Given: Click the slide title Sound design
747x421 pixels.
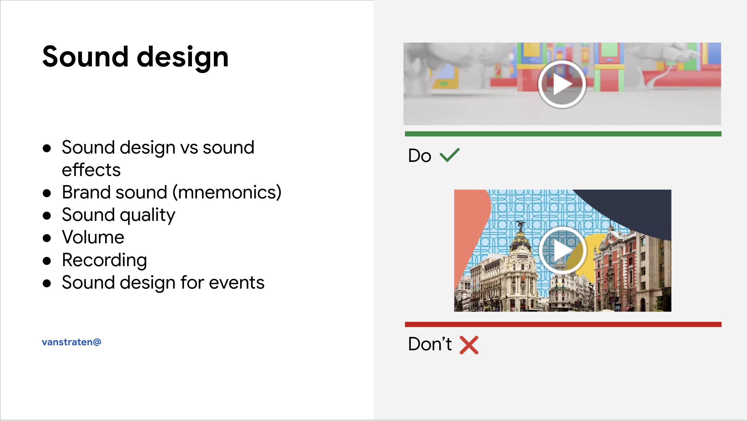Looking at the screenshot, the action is point(135,57).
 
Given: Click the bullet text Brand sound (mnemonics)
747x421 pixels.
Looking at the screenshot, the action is point(171,193).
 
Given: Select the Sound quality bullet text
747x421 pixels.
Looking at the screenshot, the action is point(118,215).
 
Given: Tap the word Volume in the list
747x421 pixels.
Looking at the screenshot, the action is point(93,237).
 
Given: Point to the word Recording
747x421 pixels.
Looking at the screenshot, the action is point(104,260).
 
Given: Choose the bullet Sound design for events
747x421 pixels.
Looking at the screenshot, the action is point(163,283).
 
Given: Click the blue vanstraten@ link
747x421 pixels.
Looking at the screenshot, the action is point(71,342).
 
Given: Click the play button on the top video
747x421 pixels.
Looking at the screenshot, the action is point(562,84).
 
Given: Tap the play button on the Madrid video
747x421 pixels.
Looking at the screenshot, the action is point(563,250).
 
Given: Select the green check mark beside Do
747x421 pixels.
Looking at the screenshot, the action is point(450,155).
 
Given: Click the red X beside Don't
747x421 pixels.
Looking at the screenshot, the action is point(469,345).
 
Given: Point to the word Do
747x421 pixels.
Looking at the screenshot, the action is point(419,156).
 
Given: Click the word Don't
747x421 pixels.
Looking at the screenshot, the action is point(430,344).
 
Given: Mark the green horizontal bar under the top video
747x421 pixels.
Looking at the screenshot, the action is point(563,134).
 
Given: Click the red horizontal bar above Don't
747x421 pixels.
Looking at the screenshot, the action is point(563,324).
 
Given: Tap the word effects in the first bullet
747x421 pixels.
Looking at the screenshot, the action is point(91,170).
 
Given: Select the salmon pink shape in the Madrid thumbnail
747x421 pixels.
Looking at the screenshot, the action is point(468,228).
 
